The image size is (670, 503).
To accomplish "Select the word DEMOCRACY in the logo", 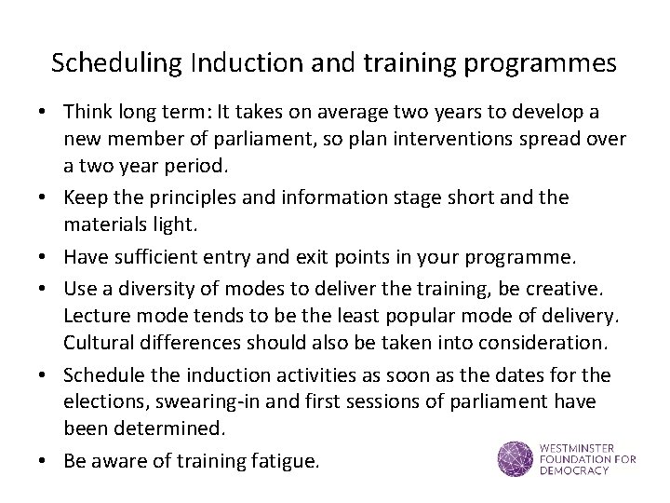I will (573, 470).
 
